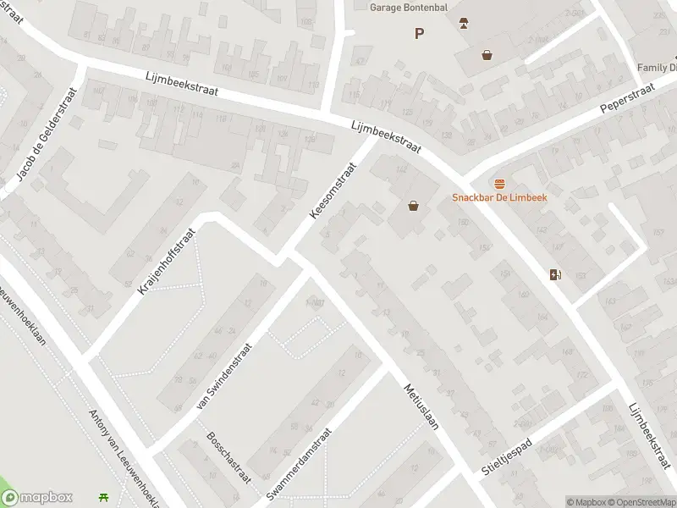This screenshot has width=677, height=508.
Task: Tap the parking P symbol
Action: point(418,33)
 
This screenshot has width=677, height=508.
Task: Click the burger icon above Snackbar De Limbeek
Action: point(499,183)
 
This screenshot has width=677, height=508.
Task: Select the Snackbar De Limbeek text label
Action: point(499,197)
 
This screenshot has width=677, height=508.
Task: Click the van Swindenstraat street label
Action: point(224,376)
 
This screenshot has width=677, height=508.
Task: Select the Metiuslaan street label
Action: point(421,406)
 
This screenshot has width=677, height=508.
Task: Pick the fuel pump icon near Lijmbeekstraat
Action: point(555,273)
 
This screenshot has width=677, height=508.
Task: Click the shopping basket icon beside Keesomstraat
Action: point(413,205)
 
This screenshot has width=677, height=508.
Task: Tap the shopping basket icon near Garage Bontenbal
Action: point(487,55)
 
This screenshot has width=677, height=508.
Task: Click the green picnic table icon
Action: point(104,498)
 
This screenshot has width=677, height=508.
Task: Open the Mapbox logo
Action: point(37,498)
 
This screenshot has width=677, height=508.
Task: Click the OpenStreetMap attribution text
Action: point(640,502)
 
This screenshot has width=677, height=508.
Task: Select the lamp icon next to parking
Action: point(463,23)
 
